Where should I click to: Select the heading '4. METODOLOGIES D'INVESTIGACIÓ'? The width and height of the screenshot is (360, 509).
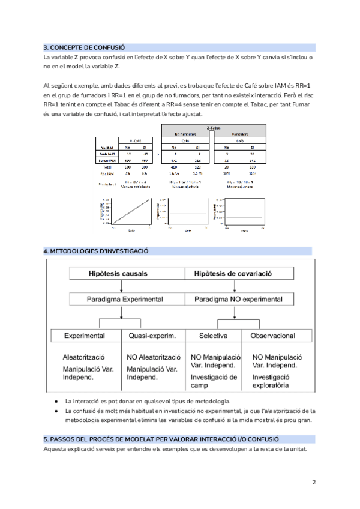coord(96,250)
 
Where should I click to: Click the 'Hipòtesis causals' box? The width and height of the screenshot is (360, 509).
coord(118,273)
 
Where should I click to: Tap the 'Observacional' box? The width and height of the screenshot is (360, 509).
coord(272,336)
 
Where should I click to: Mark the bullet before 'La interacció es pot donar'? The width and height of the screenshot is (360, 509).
coord(56,401)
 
